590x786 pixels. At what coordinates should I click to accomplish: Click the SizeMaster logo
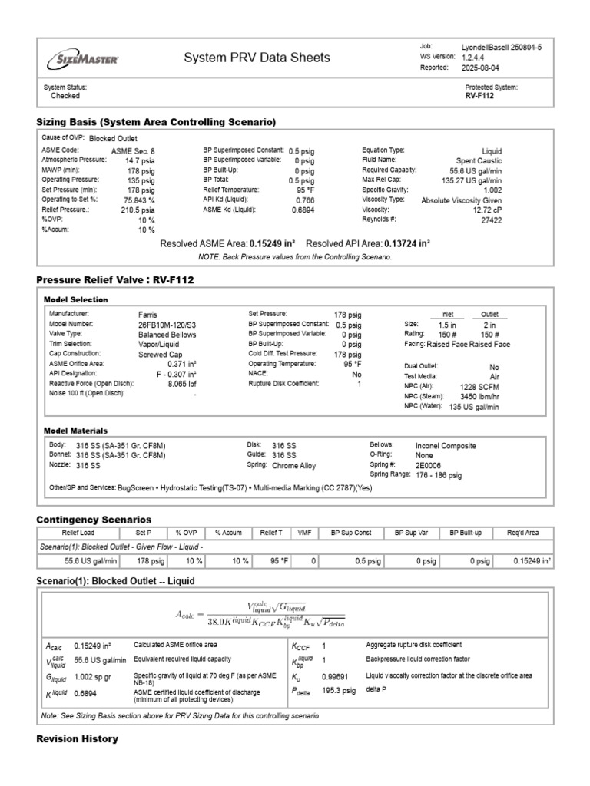[85, 58]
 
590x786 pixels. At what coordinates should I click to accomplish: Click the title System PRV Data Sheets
[257, 58]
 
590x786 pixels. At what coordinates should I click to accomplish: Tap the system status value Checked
[65, 97]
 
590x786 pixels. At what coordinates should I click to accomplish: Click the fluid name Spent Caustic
[479, 160]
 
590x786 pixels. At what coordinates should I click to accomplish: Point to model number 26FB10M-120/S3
[167, 325]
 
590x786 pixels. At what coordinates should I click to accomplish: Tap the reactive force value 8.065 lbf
[181, 384]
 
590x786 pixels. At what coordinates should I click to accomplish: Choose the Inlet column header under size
[448, 314]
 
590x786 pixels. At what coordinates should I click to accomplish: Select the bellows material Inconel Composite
[446, 445]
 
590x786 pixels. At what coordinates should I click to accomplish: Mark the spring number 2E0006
[429, 465]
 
